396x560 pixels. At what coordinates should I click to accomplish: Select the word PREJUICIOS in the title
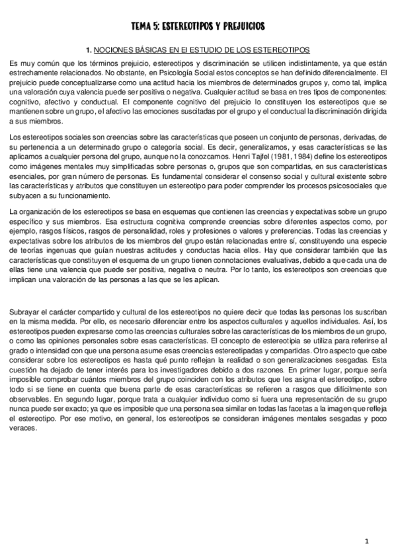(x=241, y=26)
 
